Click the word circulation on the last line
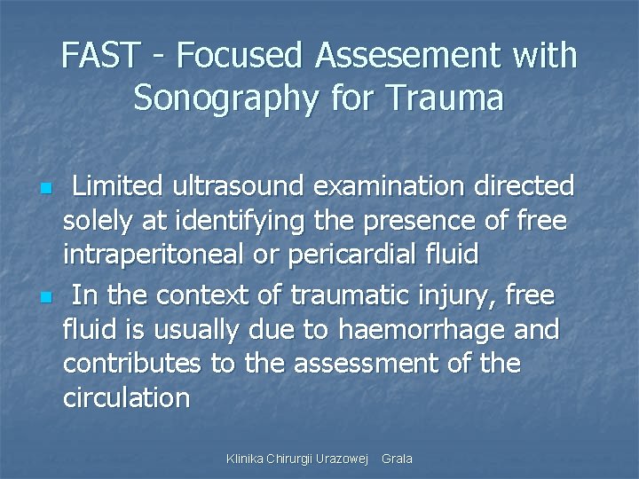tap(126, 397)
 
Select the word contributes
tap(132, 364)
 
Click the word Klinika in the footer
tap(246, 459)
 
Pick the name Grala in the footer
tap(397, 459)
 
